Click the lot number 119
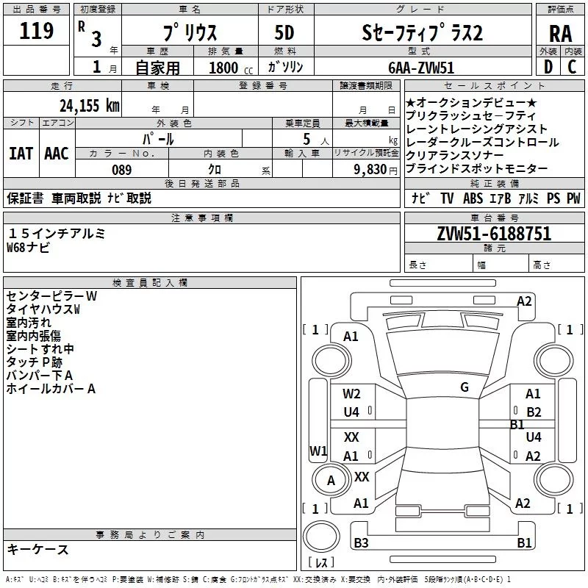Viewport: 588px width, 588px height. pos(36,31)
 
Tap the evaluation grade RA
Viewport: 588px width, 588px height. pos(560,34)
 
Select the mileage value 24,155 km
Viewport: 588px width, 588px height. pos(90,106)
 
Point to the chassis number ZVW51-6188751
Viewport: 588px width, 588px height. pos(494,234)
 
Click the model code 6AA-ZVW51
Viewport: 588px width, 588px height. pos(421,68)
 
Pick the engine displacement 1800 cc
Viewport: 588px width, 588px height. pos(231,68)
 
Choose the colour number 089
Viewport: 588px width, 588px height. pos(122,170)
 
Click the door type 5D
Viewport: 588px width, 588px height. pos(284,33)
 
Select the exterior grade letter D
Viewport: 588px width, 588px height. pos(548,67)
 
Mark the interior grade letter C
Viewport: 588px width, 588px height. pos(572,67)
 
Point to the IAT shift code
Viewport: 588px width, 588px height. pos(21,154)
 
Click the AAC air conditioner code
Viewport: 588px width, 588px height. pos(57,154)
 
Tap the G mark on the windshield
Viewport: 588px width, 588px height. pos(465,387)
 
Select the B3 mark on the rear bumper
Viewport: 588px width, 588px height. pos(361,542)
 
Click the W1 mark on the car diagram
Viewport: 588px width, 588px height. pos(318,451)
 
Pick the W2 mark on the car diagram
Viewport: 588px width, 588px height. pos(351,394)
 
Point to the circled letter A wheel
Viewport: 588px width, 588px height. pos(331,481)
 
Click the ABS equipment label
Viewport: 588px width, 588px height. pos(473,198)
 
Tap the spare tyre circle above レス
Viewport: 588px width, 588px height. pos(321,536)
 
